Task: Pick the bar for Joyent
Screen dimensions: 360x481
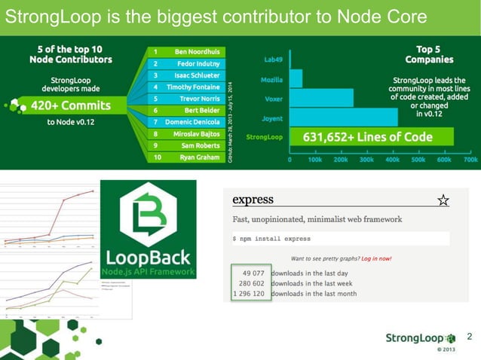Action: (344, 117)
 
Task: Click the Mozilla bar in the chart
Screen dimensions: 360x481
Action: (296, 78)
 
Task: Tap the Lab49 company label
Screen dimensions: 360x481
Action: (273, 59)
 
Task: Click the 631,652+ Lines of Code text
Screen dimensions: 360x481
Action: (368, 137)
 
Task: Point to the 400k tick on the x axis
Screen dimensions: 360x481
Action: (392, 160)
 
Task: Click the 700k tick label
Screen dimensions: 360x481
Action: (470, 160)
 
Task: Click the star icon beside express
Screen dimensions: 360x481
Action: (443, 200)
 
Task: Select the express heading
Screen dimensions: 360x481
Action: (253, 200)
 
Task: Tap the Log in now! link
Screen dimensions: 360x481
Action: (376, 258)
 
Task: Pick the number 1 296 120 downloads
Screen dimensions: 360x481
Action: (248, 294)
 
